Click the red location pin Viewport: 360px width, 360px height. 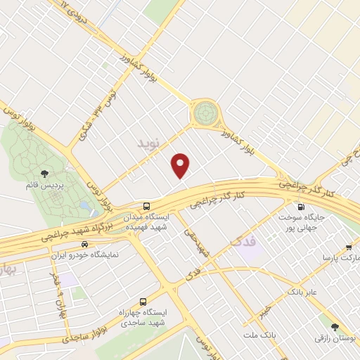pyautogui.click(x=181, y=165)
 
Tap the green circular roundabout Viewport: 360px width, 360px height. pyautogui.click(x=206, y=111)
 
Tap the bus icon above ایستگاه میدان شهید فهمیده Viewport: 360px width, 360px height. pyautogui.click(x=146, y=206)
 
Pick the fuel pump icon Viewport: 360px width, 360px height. pyautogui.click(x=301, y=207)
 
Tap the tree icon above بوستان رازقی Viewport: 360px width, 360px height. pyautogui.click(x=334, y=327)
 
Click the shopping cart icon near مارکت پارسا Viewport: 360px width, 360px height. pyautogui.click(x=349, y=247)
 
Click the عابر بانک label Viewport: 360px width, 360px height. pyautogui.click(x=302, y=290)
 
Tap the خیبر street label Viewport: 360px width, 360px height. pyautogui.click(x=263, y=309)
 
